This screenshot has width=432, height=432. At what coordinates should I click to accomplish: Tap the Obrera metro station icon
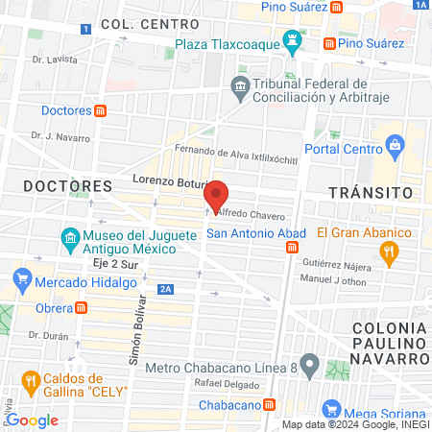click(x=83, y=307)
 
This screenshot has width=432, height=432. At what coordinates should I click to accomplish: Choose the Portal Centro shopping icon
click(x=394, y=146)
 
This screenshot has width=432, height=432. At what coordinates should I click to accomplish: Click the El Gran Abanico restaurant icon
click(x=388, y=252)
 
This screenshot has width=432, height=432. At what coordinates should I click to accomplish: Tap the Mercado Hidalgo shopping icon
click(x=22, y=283)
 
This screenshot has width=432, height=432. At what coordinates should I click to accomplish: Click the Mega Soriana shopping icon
click(x=332, y=407)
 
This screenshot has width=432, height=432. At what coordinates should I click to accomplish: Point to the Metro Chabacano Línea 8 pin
click(x=309, y=366)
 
